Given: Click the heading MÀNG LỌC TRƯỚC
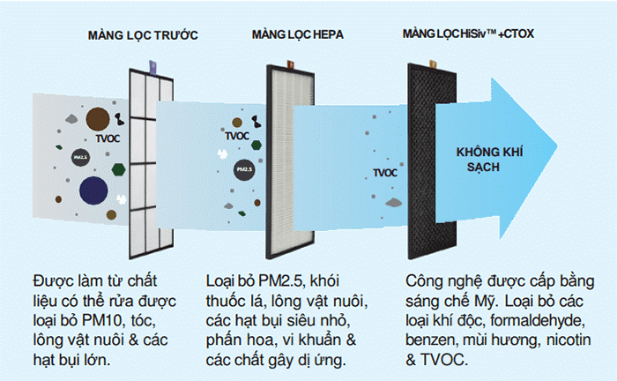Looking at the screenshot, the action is (x=143, y=35).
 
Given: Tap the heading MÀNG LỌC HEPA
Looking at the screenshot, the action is (x=298, y=34).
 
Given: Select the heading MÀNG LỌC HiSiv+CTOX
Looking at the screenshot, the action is (x=468, y=34).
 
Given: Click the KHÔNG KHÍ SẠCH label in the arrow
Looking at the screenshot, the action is (x=489, y=160).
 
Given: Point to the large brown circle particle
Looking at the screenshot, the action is (x=98, y=119).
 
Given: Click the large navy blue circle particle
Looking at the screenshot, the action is (x=93, y=190).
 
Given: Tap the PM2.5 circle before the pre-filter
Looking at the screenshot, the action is (x=81, y=158).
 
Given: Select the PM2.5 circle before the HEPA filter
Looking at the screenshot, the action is (x=244, y=169).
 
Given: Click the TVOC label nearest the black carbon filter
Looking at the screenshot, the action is (x=385, y=173).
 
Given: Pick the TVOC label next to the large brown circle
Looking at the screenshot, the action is (x=108, y=138).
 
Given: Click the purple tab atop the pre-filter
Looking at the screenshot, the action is (x=152, y=67).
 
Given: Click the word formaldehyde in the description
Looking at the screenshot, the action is (x=538, y=320).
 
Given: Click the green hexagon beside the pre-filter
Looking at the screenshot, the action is (x=118, y=169).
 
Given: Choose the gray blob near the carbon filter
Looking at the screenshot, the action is (x=393, y=203).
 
